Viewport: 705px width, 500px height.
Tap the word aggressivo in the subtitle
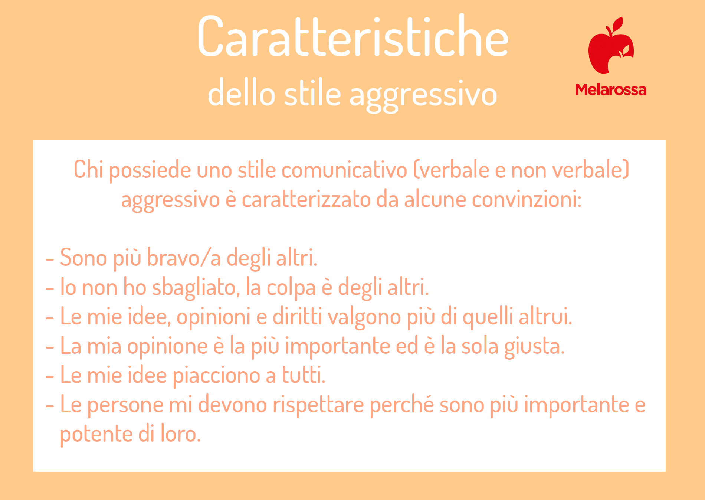(x=423, y=96)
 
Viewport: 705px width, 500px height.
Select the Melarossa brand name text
(x=611, y=90)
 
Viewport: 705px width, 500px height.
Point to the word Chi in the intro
(x=88, y=170)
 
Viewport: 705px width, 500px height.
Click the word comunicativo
(x=344, y=170)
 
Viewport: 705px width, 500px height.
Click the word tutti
(x=304, y=375)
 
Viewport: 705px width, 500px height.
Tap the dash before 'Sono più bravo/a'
(x=50, y=258)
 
